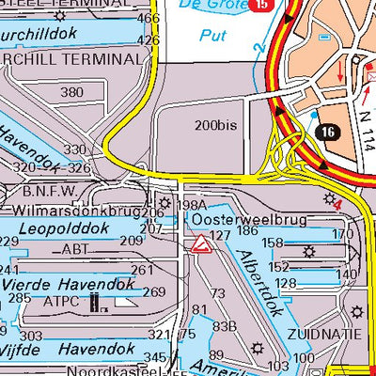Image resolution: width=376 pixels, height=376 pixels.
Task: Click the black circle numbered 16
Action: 326,133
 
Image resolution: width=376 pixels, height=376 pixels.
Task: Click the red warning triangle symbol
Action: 199,246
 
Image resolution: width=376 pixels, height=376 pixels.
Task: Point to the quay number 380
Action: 71,92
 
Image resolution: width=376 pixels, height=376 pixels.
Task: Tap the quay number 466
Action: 149,18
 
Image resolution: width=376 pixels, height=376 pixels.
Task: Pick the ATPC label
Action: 62,303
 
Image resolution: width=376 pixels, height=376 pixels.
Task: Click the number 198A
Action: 191,205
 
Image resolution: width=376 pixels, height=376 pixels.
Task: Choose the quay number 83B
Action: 223,326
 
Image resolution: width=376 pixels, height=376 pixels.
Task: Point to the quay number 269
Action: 153,291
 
